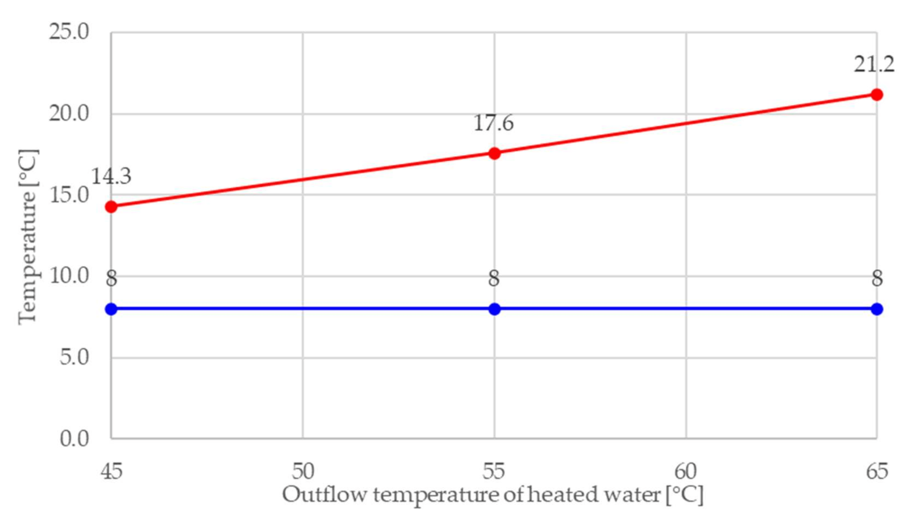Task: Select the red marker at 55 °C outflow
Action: pyautogui.click(x=495, y=153)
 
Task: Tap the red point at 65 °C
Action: pyautogui.click(x=877, y=95)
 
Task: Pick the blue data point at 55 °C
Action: pyautogui.click(x=495, y=309)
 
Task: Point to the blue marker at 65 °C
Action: pyautogui.click(x=877, y=309)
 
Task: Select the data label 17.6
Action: pyautogui.click(x=493, y=123)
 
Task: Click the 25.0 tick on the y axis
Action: pyautogui.click(x=69, y=32)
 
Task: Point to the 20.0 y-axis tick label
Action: pyautogui.click(x=69, y=114)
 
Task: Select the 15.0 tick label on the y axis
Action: pyautogui.click(x=69, y=195)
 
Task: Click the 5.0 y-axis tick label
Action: pyautogui.click(x=74, y=358)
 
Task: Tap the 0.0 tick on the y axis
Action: pyautogui.click(x=74, y=439)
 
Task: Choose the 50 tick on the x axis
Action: pyautogui.click(x=303, y=471)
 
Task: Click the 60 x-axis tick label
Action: pyautogui.click(x=686, y=471)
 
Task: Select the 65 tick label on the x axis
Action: pyautogui.click(x=877, y=471)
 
